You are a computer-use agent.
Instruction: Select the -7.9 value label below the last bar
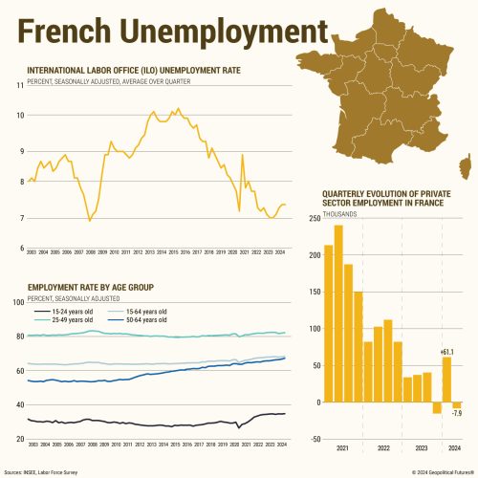point(457,414)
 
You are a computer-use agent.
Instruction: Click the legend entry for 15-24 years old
point(67,312)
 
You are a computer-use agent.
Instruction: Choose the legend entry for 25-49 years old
point(67,320)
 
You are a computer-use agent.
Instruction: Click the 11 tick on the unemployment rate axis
point(20,86)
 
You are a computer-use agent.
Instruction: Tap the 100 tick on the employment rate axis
point(18,303)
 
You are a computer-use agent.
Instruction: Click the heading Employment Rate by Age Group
point(91,287)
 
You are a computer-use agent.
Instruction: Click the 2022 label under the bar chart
point(383,446)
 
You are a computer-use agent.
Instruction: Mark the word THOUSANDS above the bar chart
point(339,213)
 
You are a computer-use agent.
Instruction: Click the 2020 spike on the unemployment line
point(243,155)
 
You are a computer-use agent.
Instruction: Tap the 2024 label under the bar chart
point(451,446)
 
